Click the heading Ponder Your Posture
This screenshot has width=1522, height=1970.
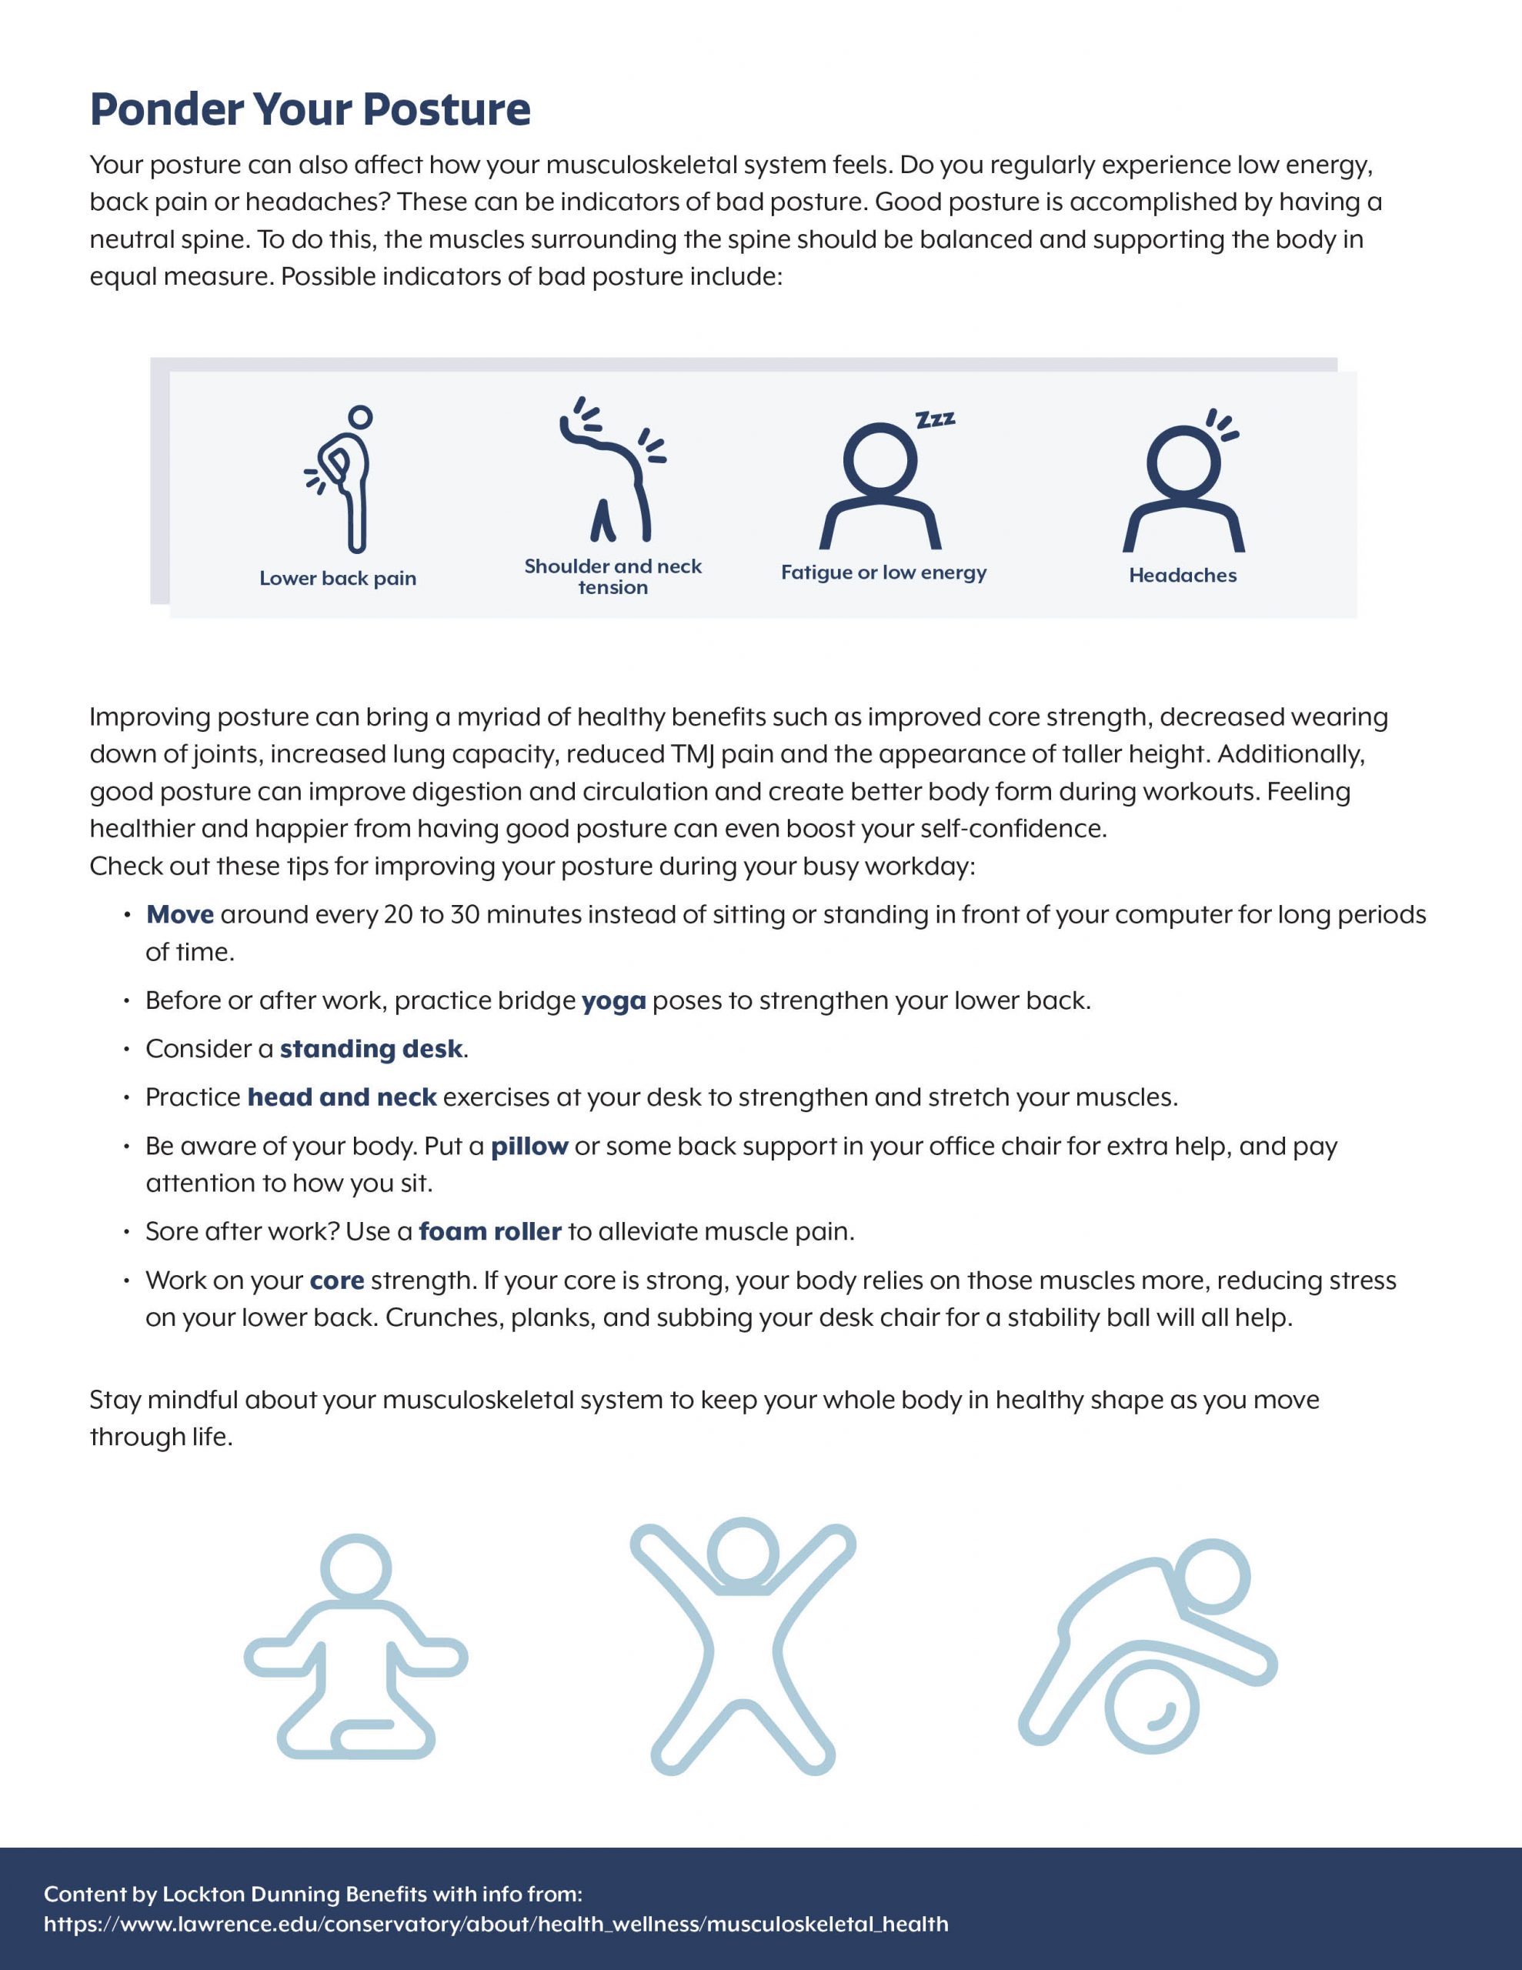pos(309,109)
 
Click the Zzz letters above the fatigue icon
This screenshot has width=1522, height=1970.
pos(936,419)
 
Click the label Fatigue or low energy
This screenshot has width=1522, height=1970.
pos(883,573)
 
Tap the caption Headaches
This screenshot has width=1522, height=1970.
pos(1182,576)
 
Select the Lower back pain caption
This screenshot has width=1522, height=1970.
pos(338,578)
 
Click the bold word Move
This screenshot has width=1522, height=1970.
pos(179,915)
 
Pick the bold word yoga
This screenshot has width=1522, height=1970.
pos(613,1001)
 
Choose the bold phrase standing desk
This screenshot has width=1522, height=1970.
pos(371,1049)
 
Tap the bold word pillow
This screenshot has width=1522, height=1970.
pos(529,1147)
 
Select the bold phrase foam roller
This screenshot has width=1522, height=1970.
pos(490,1232)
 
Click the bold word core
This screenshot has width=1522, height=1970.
pos(336,1280)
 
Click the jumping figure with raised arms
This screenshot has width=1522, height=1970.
pos(743,1646)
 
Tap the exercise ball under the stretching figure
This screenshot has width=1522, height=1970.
pos(1152,1708)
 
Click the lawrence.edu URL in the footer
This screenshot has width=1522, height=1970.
pos(496,1924)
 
